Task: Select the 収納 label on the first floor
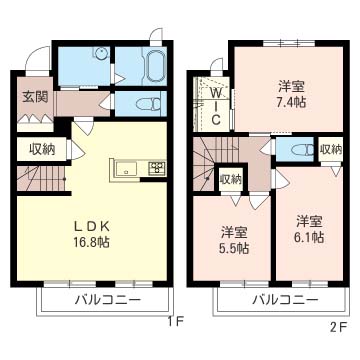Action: [41, 149]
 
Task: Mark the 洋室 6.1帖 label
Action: [310, 229]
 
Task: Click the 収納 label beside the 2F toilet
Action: [330, 150]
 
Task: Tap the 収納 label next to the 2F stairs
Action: [230, 180]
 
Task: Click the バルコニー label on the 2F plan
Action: [278, 300]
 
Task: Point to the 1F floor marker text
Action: [176, 322]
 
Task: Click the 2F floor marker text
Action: [339, 326]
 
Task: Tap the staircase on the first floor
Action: [40, 180]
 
